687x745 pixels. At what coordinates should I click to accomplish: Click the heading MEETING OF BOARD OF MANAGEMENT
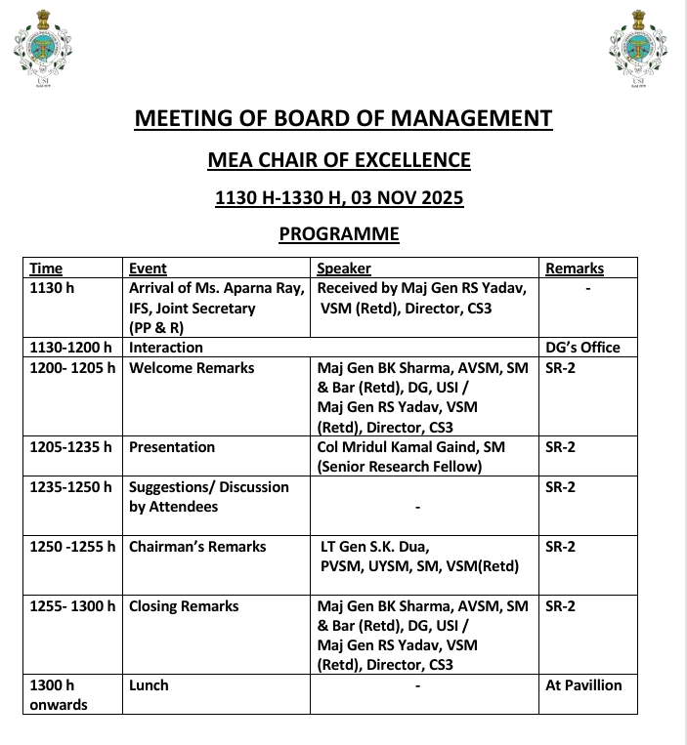pos(343,119)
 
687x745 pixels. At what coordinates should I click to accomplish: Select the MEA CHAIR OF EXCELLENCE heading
pos(339,160)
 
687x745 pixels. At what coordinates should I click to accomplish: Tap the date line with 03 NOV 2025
pos(339,198)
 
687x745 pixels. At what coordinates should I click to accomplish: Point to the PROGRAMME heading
pos(339,234)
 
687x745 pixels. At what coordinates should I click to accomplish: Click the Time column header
pos(46,269)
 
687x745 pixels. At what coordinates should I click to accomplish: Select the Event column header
pos(148,269)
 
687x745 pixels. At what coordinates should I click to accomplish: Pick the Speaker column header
pos(344,269)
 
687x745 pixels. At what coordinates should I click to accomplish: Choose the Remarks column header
pos(575,269)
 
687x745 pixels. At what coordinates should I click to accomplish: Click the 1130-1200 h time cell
pos(71,348)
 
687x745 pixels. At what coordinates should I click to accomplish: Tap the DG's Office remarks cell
pos(582,348)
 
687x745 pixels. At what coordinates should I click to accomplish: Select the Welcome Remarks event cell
pos(192,368)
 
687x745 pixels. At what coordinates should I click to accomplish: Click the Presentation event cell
pos(172,447)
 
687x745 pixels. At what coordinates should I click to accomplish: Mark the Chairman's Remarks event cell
pos(197,547)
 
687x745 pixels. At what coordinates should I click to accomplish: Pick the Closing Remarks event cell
pos(184,606)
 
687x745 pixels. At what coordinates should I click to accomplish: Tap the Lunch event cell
pos(149,685)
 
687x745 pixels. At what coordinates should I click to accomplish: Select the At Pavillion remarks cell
pos(583,685)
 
